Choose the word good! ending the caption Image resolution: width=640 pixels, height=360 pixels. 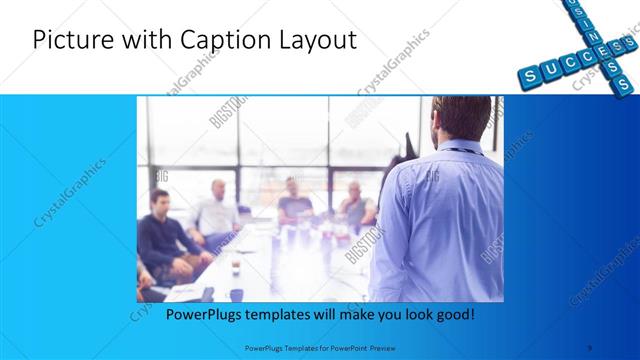453,313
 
